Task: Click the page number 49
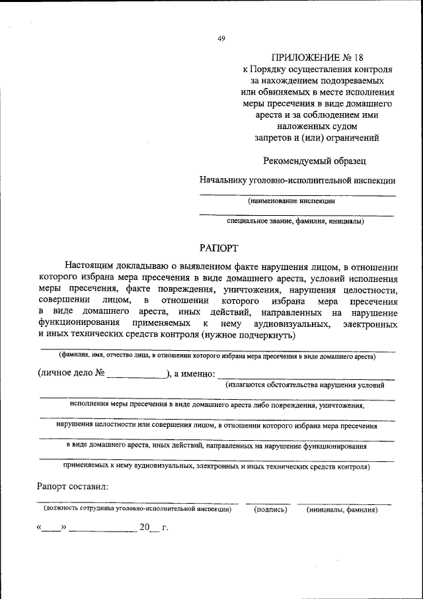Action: coord(221,38)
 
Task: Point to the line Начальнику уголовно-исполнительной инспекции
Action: coord(298,179)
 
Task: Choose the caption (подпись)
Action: coord(270,510)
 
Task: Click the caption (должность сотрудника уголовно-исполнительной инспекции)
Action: coord(137,510)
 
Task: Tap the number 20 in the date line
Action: coord(144,528)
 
